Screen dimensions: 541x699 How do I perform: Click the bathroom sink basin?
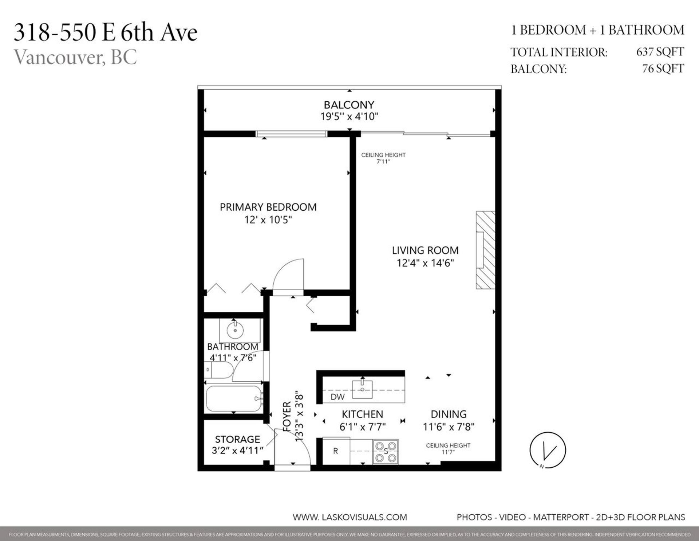point(235,330)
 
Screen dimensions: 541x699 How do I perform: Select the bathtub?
point(233,399)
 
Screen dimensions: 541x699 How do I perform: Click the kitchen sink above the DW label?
point(362,389)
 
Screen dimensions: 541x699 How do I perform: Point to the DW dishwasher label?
point(337,397)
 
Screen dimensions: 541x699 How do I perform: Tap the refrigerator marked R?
point(336,451)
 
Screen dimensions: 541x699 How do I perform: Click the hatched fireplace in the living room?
point(486,250)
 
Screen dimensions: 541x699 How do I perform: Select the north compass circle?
point(548,450)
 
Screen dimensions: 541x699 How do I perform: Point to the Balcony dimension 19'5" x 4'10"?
point(349,117)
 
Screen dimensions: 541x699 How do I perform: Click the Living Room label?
point(425,250)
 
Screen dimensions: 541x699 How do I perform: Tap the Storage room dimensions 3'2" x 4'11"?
point(237,451)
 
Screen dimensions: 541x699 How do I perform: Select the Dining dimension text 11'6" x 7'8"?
point(449,427)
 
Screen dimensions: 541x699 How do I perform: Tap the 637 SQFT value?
point(660,52)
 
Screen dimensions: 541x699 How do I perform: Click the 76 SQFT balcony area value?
point(663,69)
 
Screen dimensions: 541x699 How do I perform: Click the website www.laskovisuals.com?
point(349,517)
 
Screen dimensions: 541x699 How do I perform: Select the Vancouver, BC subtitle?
point(75,57)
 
